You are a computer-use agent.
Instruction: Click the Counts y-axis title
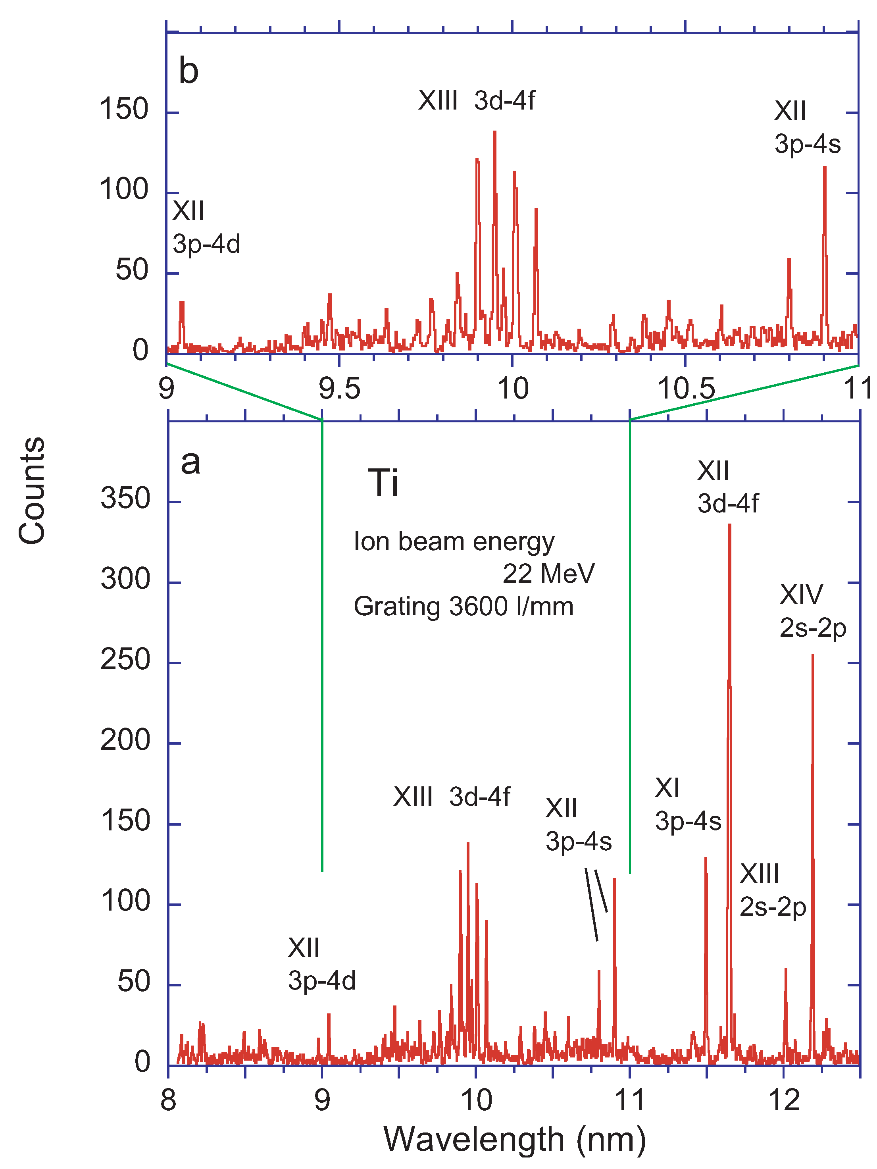tap(32, 491)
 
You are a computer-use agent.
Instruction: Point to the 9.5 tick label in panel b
tap(339, 389)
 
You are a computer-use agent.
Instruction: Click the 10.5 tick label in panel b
tap(685, 389)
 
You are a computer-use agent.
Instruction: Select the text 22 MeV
tap(548, 574)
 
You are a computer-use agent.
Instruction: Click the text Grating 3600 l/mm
tap(464, 606)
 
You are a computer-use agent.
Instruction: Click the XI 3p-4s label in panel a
tap(687, 804)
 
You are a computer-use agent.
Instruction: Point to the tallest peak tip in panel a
tap(730, 525)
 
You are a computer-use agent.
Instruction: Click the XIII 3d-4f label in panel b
tap(477, 100)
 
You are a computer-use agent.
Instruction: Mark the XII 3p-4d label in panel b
tap(206, 227)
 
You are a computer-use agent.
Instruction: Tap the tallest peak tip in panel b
tap(494, 132)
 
